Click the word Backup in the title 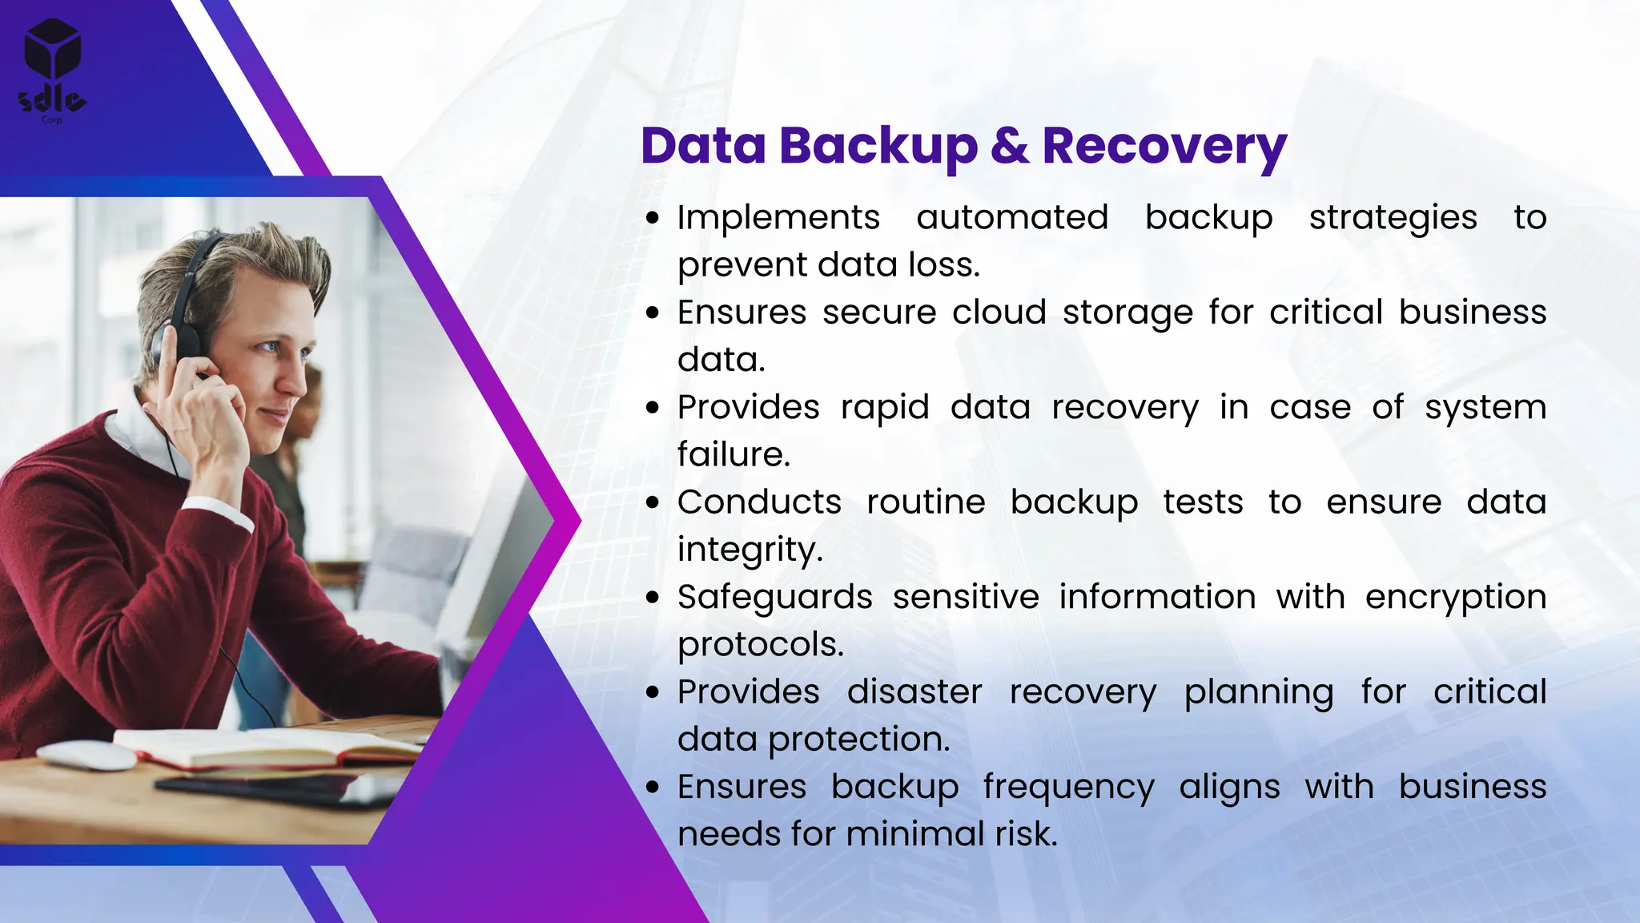click(878, 147)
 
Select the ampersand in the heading click(1009, 146)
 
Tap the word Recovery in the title click(1164, 147)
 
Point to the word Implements click(778, 218)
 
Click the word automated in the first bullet click(1012, 218)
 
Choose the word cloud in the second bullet click(999, 312)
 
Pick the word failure click(734, 455)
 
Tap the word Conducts click(759, 502)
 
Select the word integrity click(750, 550)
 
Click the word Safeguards click(774, 598)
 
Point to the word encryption click(1455, 598)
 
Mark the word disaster click(914, 692)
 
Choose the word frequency click(1068, 788)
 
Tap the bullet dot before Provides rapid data click(653, 408)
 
